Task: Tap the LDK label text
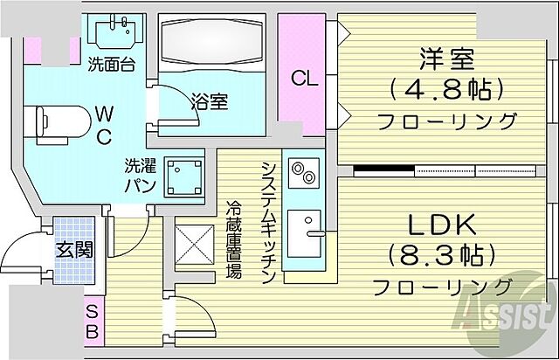pyautogui.click(x=443, y=225)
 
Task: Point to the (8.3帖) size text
pyautogui.click(x=443, y=255)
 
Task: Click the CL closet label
pyautogui.click(x=304, y=78)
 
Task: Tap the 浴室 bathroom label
pyautogui.click(x=210, y=101)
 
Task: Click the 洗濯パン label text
pyautogui.click(x=139, y=176)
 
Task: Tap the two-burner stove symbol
pyautogui.click(x=303, y=171)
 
